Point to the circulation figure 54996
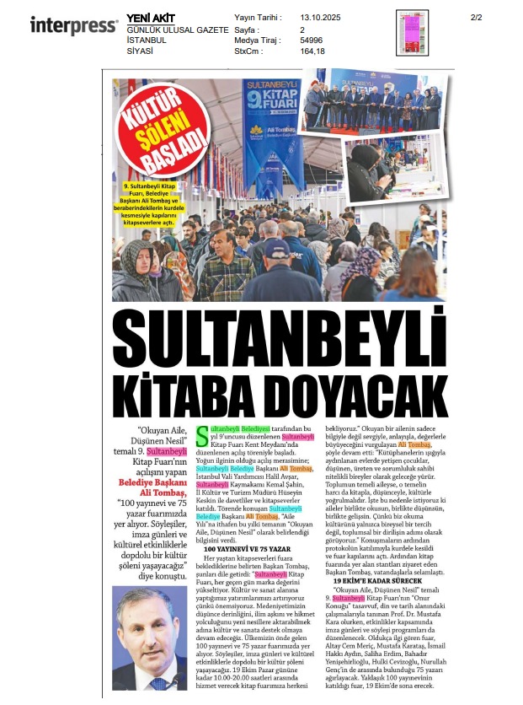312,40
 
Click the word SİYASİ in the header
140,51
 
